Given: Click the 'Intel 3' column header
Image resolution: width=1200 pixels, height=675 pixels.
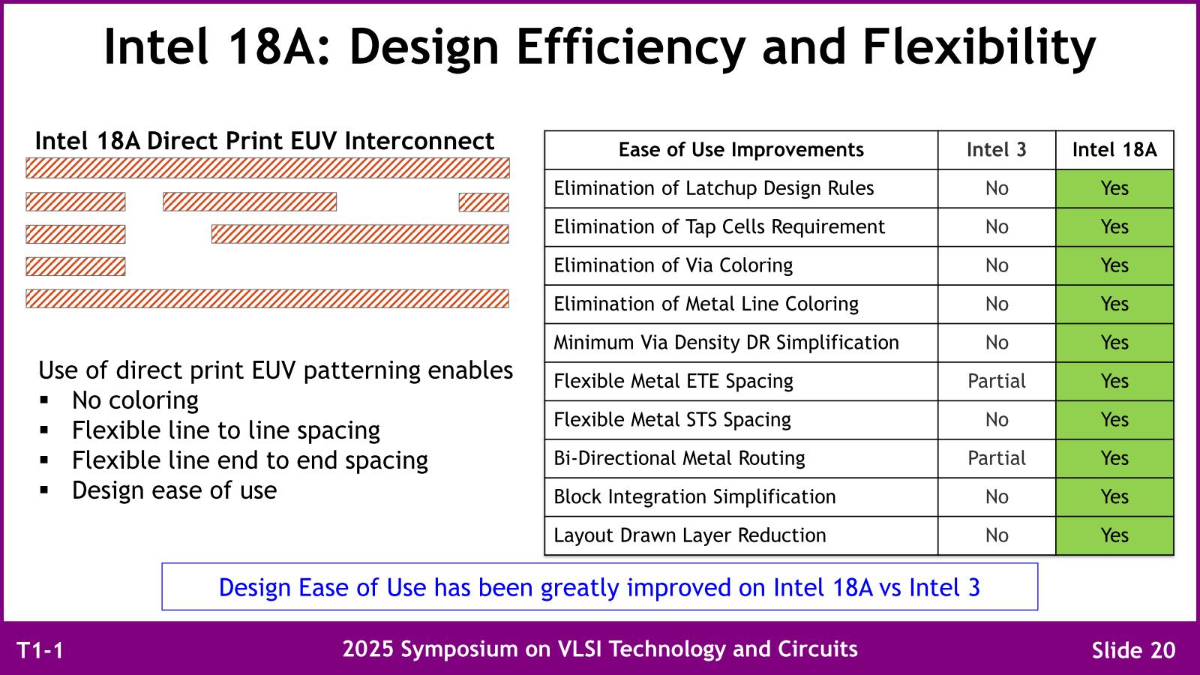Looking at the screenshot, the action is pos(997,149).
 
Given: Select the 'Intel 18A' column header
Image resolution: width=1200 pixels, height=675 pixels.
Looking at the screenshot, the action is pos(1114,149).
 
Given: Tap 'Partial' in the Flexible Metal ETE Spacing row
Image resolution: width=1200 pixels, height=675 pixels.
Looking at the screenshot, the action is pos(997,381).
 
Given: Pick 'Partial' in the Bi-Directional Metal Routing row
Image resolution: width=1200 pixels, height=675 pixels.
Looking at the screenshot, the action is pos(997,458).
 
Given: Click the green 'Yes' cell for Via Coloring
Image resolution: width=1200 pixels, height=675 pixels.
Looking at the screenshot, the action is pos(1114,265).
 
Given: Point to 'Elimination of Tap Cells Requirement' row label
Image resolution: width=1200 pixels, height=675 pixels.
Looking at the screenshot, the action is pos(719,227).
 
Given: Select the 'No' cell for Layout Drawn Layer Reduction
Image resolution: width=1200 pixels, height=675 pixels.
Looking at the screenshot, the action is pos(997,535).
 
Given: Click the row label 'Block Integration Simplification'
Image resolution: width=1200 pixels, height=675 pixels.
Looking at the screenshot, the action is pos(694,497).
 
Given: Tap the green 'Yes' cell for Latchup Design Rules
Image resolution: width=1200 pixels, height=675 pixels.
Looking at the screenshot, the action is pos(1114,188).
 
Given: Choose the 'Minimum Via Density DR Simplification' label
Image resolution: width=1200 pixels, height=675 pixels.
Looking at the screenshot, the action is pos(726,343).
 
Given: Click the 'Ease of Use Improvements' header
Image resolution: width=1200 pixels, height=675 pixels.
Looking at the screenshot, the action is pos(741,149).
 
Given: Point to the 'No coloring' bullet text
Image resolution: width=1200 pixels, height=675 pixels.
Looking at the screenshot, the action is pos(135,400).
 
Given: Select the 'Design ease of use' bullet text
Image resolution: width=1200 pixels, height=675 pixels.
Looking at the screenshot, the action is pos(174,490).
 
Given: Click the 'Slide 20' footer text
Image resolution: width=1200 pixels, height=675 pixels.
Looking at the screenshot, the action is pos(1133,650).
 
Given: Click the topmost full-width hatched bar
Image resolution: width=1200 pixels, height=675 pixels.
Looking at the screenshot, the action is pos(268,168).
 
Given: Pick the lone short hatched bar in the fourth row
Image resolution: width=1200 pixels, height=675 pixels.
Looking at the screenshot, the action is pos(76,267).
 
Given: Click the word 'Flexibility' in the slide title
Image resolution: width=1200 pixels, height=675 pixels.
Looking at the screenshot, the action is pos(979,47).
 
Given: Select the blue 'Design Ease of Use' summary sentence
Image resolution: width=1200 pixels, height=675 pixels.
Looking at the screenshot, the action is pos(599,588).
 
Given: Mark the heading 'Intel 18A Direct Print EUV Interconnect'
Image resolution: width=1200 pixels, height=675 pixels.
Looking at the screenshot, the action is pos(265,142).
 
